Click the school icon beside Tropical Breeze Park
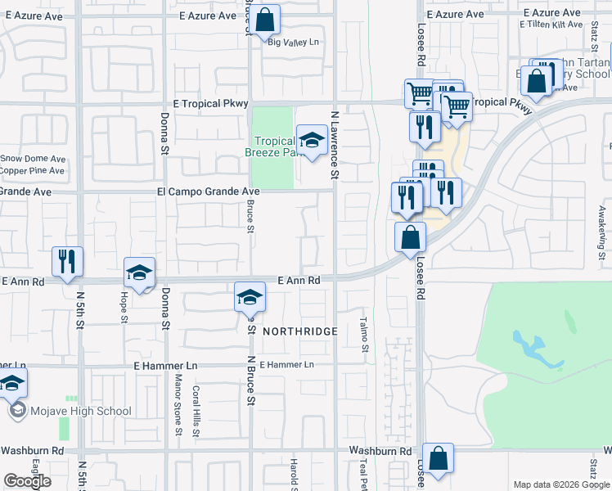[x=311, y=141]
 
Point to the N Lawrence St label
[x=334, y=146]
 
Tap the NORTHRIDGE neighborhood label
[x=300, y=331]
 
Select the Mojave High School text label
[x=81, y=412]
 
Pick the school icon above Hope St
[x=139, y=272]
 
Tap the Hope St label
[x=125, y=307]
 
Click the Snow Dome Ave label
[x=33, y=159]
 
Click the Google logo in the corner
[x=27, y=481]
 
